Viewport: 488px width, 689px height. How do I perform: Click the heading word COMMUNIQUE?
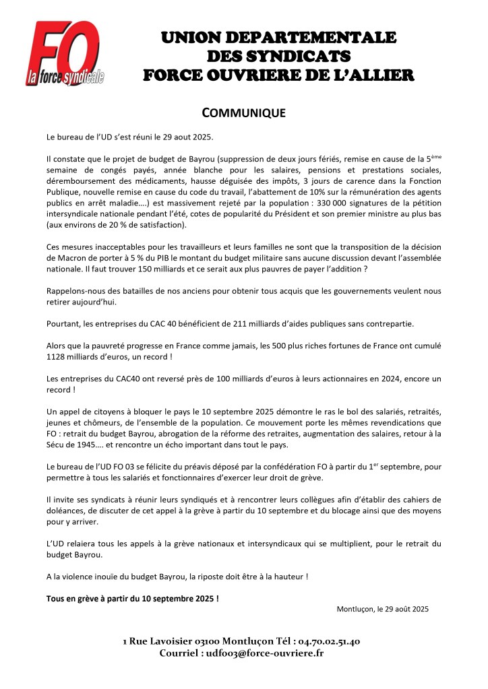[x=244, y=112]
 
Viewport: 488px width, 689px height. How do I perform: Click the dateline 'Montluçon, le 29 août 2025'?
[x=382, y=609]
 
